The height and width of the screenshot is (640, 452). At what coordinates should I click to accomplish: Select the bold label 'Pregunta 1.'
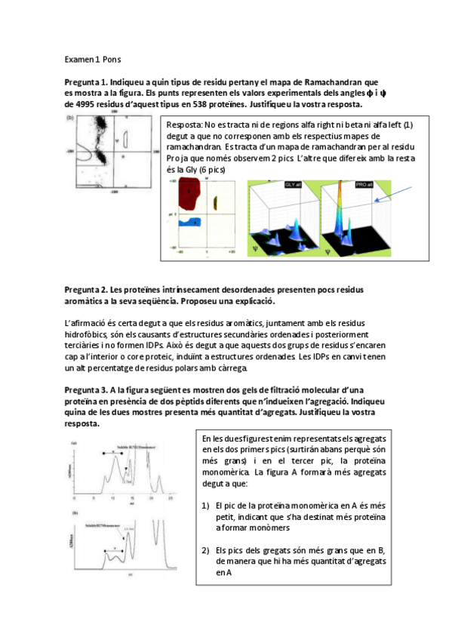(86, 82)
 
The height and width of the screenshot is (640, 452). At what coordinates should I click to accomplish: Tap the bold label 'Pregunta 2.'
(86, 290)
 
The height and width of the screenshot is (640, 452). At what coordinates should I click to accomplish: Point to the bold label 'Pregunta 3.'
(86, 388)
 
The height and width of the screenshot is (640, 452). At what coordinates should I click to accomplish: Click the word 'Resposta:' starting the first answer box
(183, 125)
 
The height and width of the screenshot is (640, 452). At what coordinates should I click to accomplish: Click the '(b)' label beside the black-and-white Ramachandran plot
(70, 118)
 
